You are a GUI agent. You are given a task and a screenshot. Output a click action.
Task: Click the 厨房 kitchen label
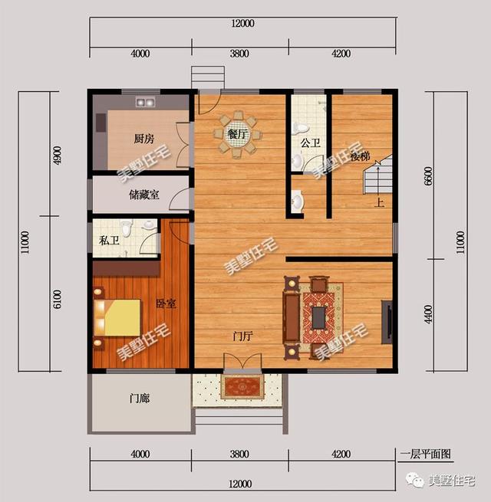tap(144, 139)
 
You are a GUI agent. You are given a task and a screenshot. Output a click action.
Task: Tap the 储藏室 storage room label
tap(144, 195)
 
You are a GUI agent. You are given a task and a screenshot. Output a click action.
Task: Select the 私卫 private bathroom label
tap(109, 239)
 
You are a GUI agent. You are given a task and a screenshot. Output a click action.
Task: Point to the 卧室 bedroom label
tap(166, 303)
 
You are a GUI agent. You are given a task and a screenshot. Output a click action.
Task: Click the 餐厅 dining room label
tap(238, 134)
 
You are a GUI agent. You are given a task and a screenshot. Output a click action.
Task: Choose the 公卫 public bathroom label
tap(310, 143)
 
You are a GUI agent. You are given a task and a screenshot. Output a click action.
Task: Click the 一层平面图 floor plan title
tap(425, 454)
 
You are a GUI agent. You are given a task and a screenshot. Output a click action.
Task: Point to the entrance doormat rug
tap(242, 386)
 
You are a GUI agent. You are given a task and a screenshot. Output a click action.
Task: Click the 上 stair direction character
tap(378, 204)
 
